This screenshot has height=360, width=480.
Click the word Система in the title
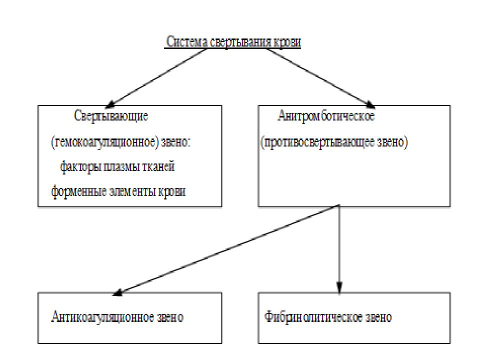(186, 41)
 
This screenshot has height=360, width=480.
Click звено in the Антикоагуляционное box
(170, 317)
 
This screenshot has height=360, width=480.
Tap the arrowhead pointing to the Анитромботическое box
(370, 104)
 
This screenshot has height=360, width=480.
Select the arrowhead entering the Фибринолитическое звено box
(339, 288)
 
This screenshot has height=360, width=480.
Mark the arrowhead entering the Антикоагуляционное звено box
(118, 292)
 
